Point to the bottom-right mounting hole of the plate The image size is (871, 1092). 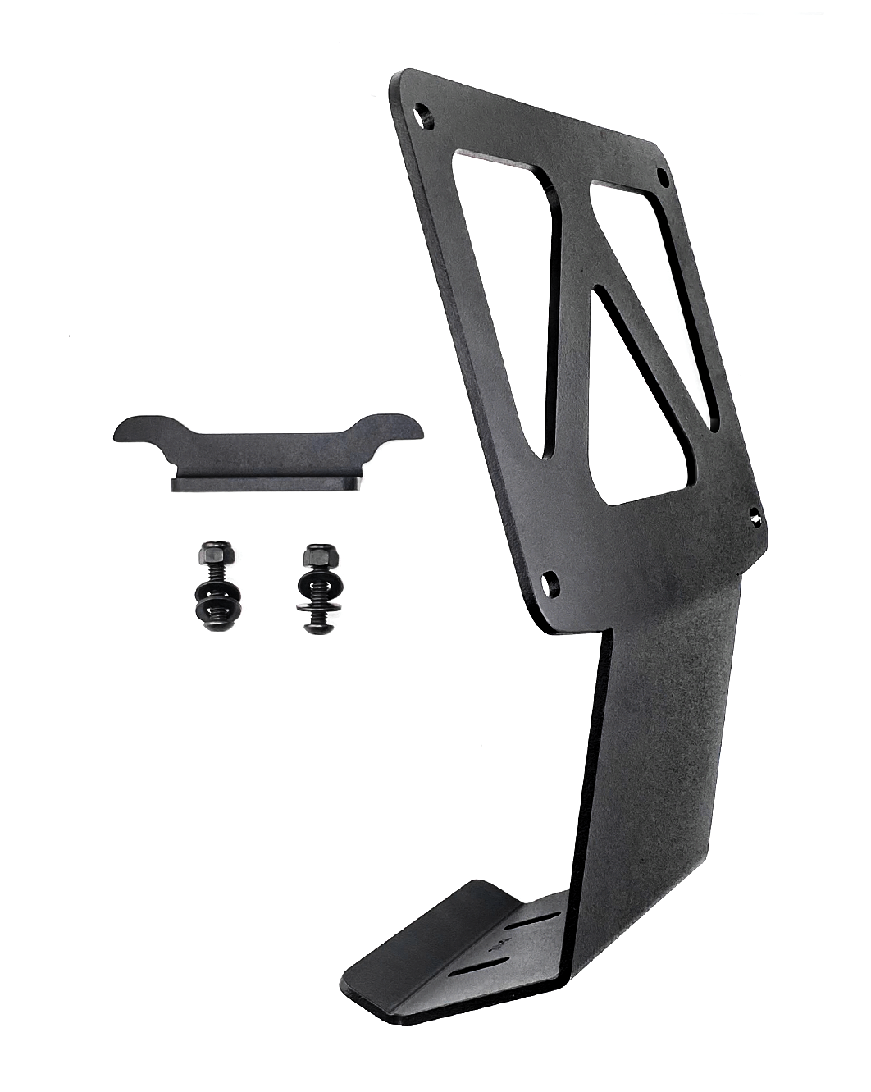pyautogui.click(x=756, y=517)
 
